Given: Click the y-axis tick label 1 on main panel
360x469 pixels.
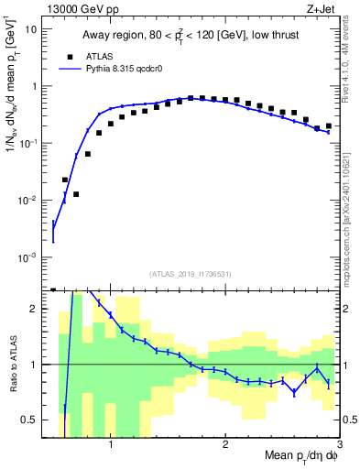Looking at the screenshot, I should (x=35, y=86).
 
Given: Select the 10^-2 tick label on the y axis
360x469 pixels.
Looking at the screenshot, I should (x=29, y=201).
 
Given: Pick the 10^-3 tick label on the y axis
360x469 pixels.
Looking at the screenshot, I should (x=29, y=257).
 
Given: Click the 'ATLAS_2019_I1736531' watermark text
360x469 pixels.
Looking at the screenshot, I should (x=191, y=273).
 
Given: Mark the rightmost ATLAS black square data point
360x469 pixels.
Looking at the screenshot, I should (x=328, y=126).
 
